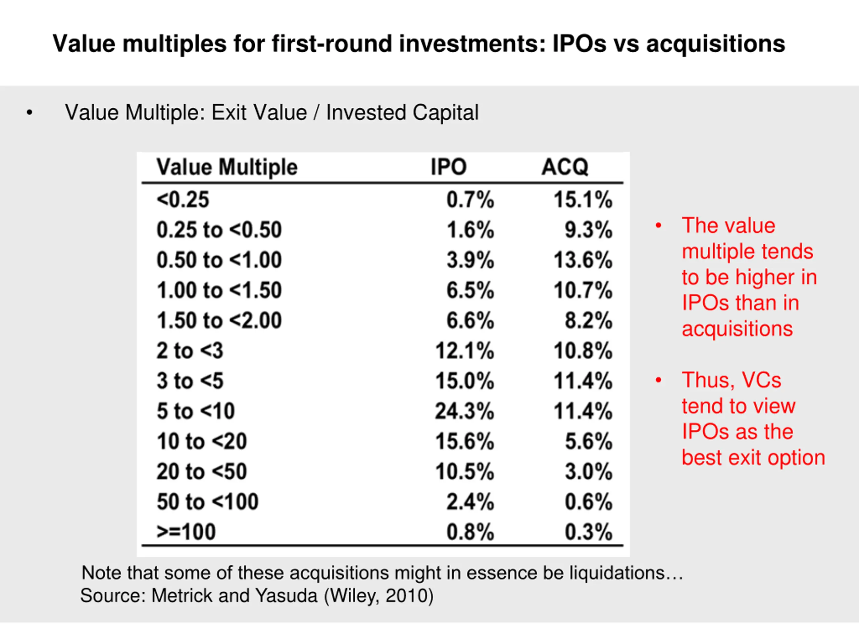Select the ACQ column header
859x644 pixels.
565,167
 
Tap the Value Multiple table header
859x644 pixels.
227,167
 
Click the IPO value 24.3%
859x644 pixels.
464,411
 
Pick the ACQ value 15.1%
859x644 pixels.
583,200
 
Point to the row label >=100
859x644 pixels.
186,532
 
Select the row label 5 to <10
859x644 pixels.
196,411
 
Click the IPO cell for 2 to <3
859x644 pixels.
464,351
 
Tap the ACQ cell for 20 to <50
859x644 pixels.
588,472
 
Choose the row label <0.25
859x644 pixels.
183,200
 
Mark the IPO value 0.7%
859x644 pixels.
470,200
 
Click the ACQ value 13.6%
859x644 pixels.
583,260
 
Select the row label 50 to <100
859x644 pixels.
207,501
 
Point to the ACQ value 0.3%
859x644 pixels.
588,532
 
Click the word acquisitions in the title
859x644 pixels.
715,44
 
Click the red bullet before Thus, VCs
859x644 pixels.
658,380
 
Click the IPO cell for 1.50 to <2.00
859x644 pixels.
470,321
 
